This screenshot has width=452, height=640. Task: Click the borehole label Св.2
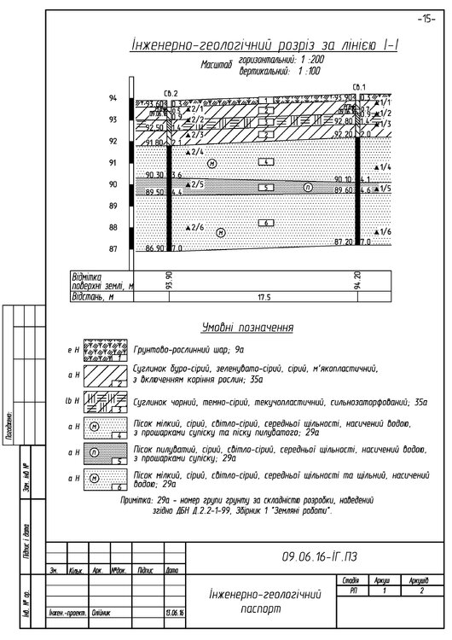click(171, 91)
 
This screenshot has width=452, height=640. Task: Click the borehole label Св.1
click(358, 87)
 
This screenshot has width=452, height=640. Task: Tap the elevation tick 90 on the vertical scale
click(113, 184)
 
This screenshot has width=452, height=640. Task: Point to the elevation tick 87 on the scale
click(113, 248)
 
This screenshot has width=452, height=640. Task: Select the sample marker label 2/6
click(196, 228)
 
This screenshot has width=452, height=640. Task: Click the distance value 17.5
click(263, 298)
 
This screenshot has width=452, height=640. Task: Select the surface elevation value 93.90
click(168, 282)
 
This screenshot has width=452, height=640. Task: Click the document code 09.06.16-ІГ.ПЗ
click(321, 556)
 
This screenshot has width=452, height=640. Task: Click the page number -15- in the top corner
click(426, 18)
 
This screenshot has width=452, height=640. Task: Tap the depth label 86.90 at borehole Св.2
click(154, 247)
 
